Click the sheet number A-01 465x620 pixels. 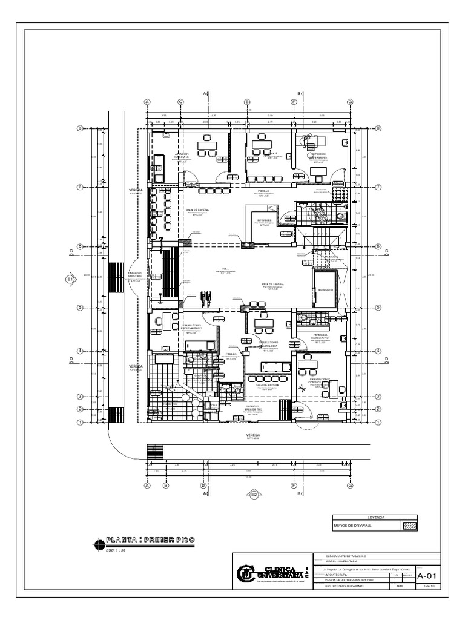[427, 575]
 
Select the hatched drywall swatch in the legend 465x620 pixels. [410, 526]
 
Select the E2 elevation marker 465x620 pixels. [254, 495]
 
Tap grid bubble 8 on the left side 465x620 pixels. [79, 128]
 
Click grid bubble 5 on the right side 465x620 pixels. [378, 308]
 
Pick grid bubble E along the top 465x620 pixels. [247, 102]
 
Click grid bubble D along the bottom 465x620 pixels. [203, 485]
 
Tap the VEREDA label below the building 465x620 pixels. [252, 434]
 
